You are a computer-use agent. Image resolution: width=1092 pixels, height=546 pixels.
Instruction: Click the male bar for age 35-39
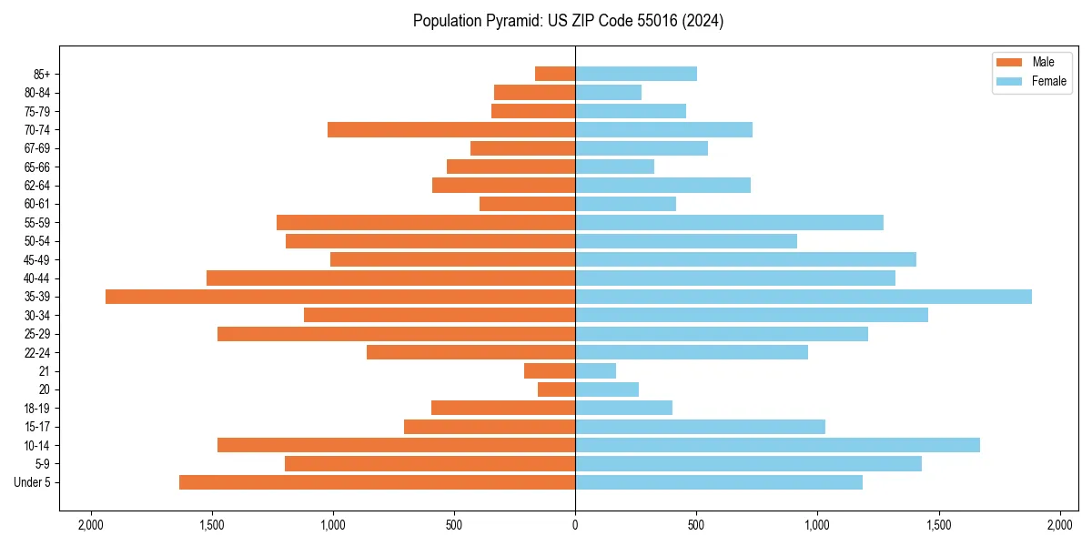click(340, 297)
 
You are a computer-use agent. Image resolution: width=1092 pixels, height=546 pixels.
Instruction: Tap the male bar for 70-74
click(451, 130)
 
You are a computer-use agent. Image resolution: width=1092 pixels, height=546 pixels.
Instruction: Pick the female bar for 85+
click(636, 74)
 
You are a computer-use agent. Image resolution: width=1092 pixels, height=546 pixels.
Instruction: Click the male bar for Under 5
click(377, 482)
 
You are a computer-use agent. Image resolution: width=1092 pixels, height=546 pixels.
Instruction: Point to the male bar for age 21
click(550, 371)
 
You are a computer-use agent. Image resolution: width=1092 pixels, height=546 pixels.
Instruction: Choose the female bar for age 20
click(607, 389)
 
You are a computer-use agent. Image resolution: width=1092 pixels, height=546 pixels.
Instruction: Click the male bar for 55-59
click(426, 223)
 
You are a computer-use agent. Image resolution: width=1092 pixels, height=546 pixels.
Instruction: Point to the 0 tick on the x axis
click(575, 525)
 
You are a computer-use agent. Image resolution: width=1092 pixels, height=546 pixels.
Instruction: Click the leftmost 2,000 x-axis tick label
click(90, 525)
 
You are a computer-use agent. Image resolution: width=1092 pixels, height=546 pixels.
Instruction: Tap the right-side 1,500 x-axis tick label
click(939, 525)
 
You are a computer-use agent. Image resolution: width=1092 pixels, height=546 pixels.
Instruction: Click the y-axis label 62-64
click(37, 186)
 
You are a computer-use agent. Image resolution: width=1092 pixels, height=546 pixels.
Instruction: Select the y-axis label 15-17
click(37, 427)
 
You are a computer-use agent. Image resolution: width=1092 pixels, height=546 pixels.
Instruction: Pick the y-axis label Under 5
click(33, 482)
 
